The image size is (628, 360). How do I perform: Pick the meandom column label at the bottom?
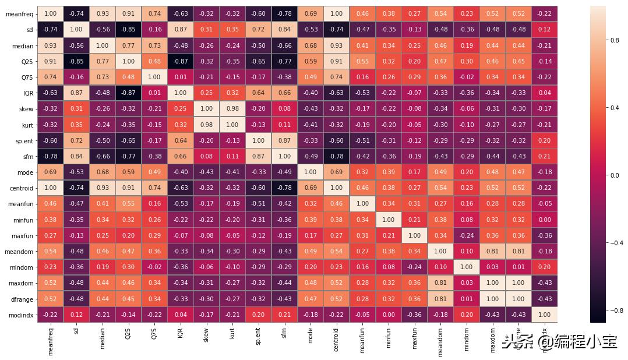[440, 340]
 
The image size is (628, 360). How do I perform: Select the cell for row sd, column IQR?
[181, 29]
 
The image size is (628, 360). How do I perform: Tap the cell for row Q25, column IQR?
[181, 61]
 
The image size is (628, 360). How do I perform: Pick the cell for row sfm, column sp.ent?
[259, 156]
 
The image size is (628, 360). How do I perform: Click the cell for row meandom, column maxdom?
[492, 251]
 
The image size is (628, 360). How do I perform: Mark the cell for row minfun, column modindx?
[544, 220]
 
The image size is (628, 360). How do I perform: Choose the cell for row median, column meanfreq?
[51, 45]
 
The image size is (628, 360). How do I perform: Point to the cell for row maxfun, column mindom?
[466, 235]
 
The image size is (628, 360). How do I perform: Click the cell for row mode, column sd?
[77, 172]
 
